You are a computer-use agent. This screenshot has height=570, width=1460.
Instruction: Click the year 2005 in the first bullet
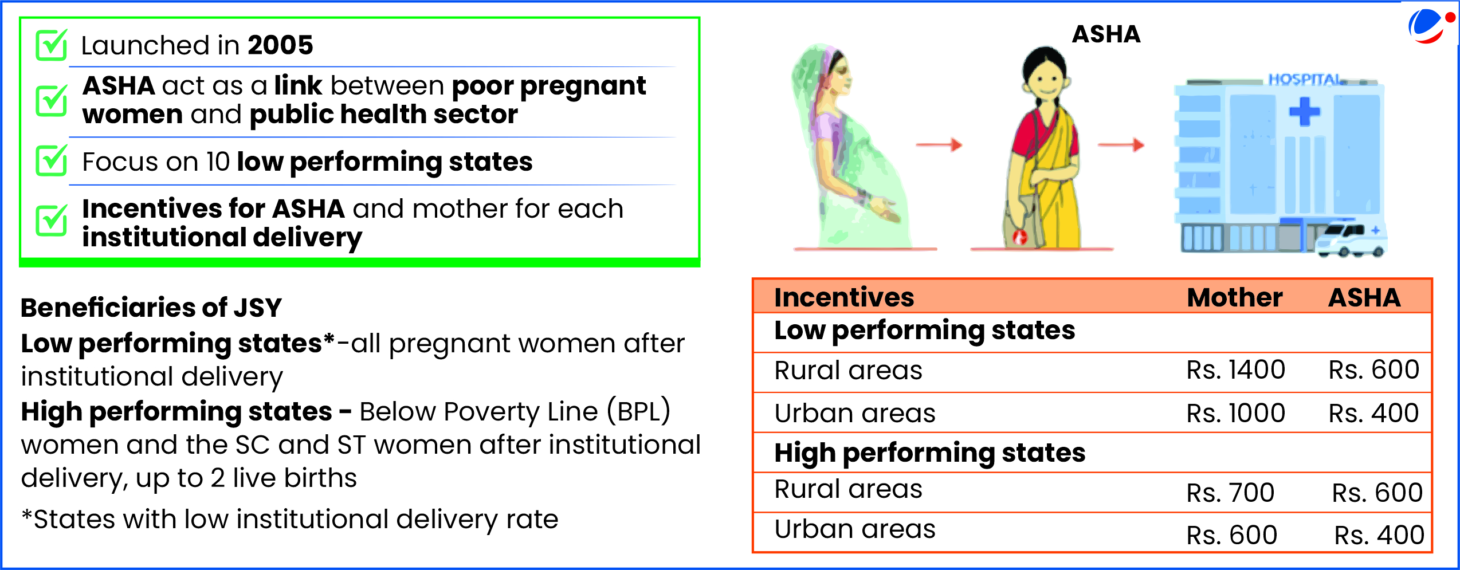pos(280,45)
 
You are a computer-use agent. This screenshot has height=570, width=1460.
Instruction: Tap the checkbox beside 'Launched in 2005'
pos(52,45)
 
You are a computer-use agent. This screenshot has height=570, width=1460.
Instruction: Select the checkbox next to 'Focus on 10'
pos(52,160)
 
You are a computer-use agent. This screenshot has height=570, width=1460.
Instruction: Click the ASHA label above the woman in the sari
pos(1106,34)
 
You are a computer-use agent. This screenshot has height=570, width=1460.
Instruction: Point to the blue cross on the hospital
pos(1304,112)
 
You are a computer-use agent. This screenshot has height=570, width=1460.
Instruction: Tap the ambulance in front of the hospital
pos(1351,240)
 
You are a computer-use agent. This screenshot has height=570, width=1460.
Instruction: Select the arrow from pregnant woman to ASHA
pos(939,145)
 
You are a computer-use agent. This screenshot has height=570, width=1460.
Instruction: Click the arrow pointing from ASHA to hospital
pos(1121,145)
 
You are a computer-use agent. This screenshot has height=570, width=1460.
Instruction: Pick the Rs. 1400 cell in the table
pos(1235,370)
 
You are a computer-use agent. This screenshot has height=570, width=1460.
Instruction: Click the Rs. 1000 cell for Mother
pos(1235,413)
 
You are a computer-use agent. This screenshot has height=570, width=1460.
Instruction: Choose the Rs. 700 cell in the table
pos(1230,493)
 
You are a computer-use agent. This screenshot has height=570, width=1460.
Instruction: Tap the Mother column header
pos(1234,298)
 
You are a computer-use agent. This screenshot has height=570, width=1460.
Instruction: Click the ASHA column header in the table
pos(1364,298)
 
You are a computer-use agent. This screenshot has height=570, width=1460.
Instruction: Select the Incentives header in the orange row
pos(844,298)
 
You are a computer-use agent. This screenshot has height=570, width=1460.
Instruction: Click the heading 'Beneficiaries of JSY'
pos(151,308)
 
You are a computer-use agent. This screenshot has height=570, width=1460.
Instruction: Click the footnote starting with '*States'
pos(289,520)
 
